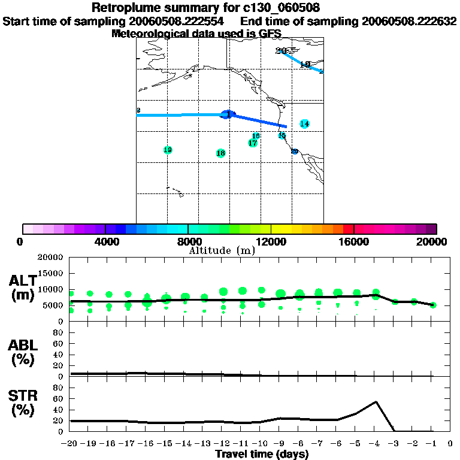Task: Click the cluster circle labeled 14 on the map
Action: [305, 124]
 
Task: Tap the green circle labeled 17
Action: [253, 143]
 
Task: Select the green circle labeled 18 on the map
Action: [220, 153]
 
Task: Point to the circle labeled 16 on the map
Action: [256, 137]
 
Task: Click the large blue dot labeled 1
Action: [226, 114]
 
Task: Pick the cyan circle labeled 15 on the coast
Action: [282, 135]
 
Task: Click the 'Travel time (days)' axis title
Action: [262, 454]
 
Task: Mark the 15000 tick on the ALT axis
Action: [51, 273]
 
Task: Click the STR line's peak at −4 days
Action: [376, 402]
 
